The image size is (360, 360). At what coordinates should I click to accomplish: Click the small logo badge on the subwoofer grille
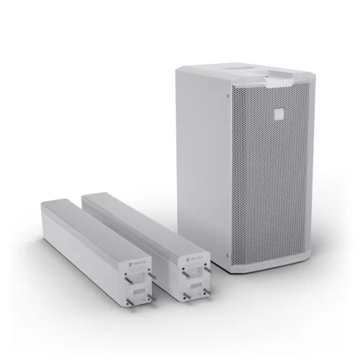click(276, 112)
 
